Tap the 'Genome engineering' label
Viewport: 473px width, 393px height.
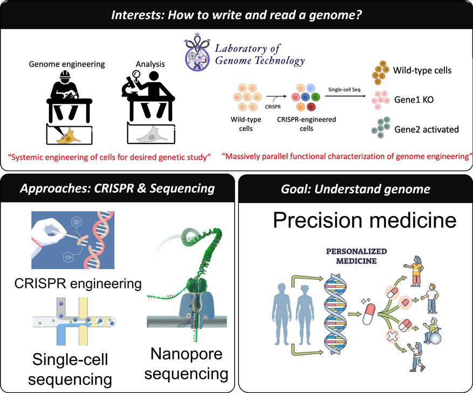point(74,65)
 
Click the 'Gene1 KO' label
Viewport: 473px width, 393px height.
point(413,100)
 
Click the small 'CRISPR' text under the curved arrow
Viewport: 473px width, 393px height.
point(273,106)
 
